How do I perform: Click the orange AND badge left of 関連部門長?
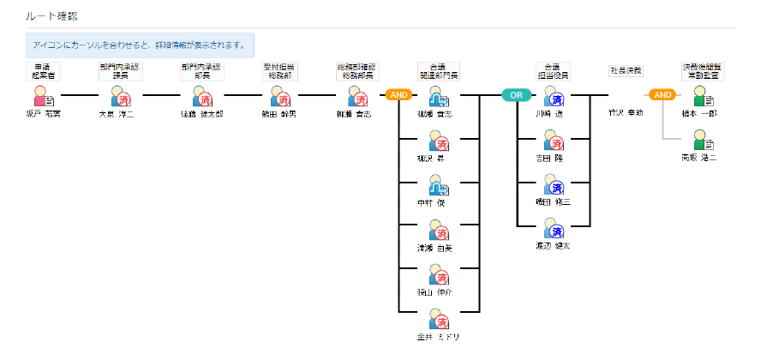399,94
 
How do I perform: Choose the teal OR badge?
515,94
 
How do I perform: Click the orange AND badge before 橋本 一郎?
662,94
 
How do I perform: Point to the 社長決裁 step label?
626,70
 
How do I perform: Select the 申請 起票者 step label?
41,70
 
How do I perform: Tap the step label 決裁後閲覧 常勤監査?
702,70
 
